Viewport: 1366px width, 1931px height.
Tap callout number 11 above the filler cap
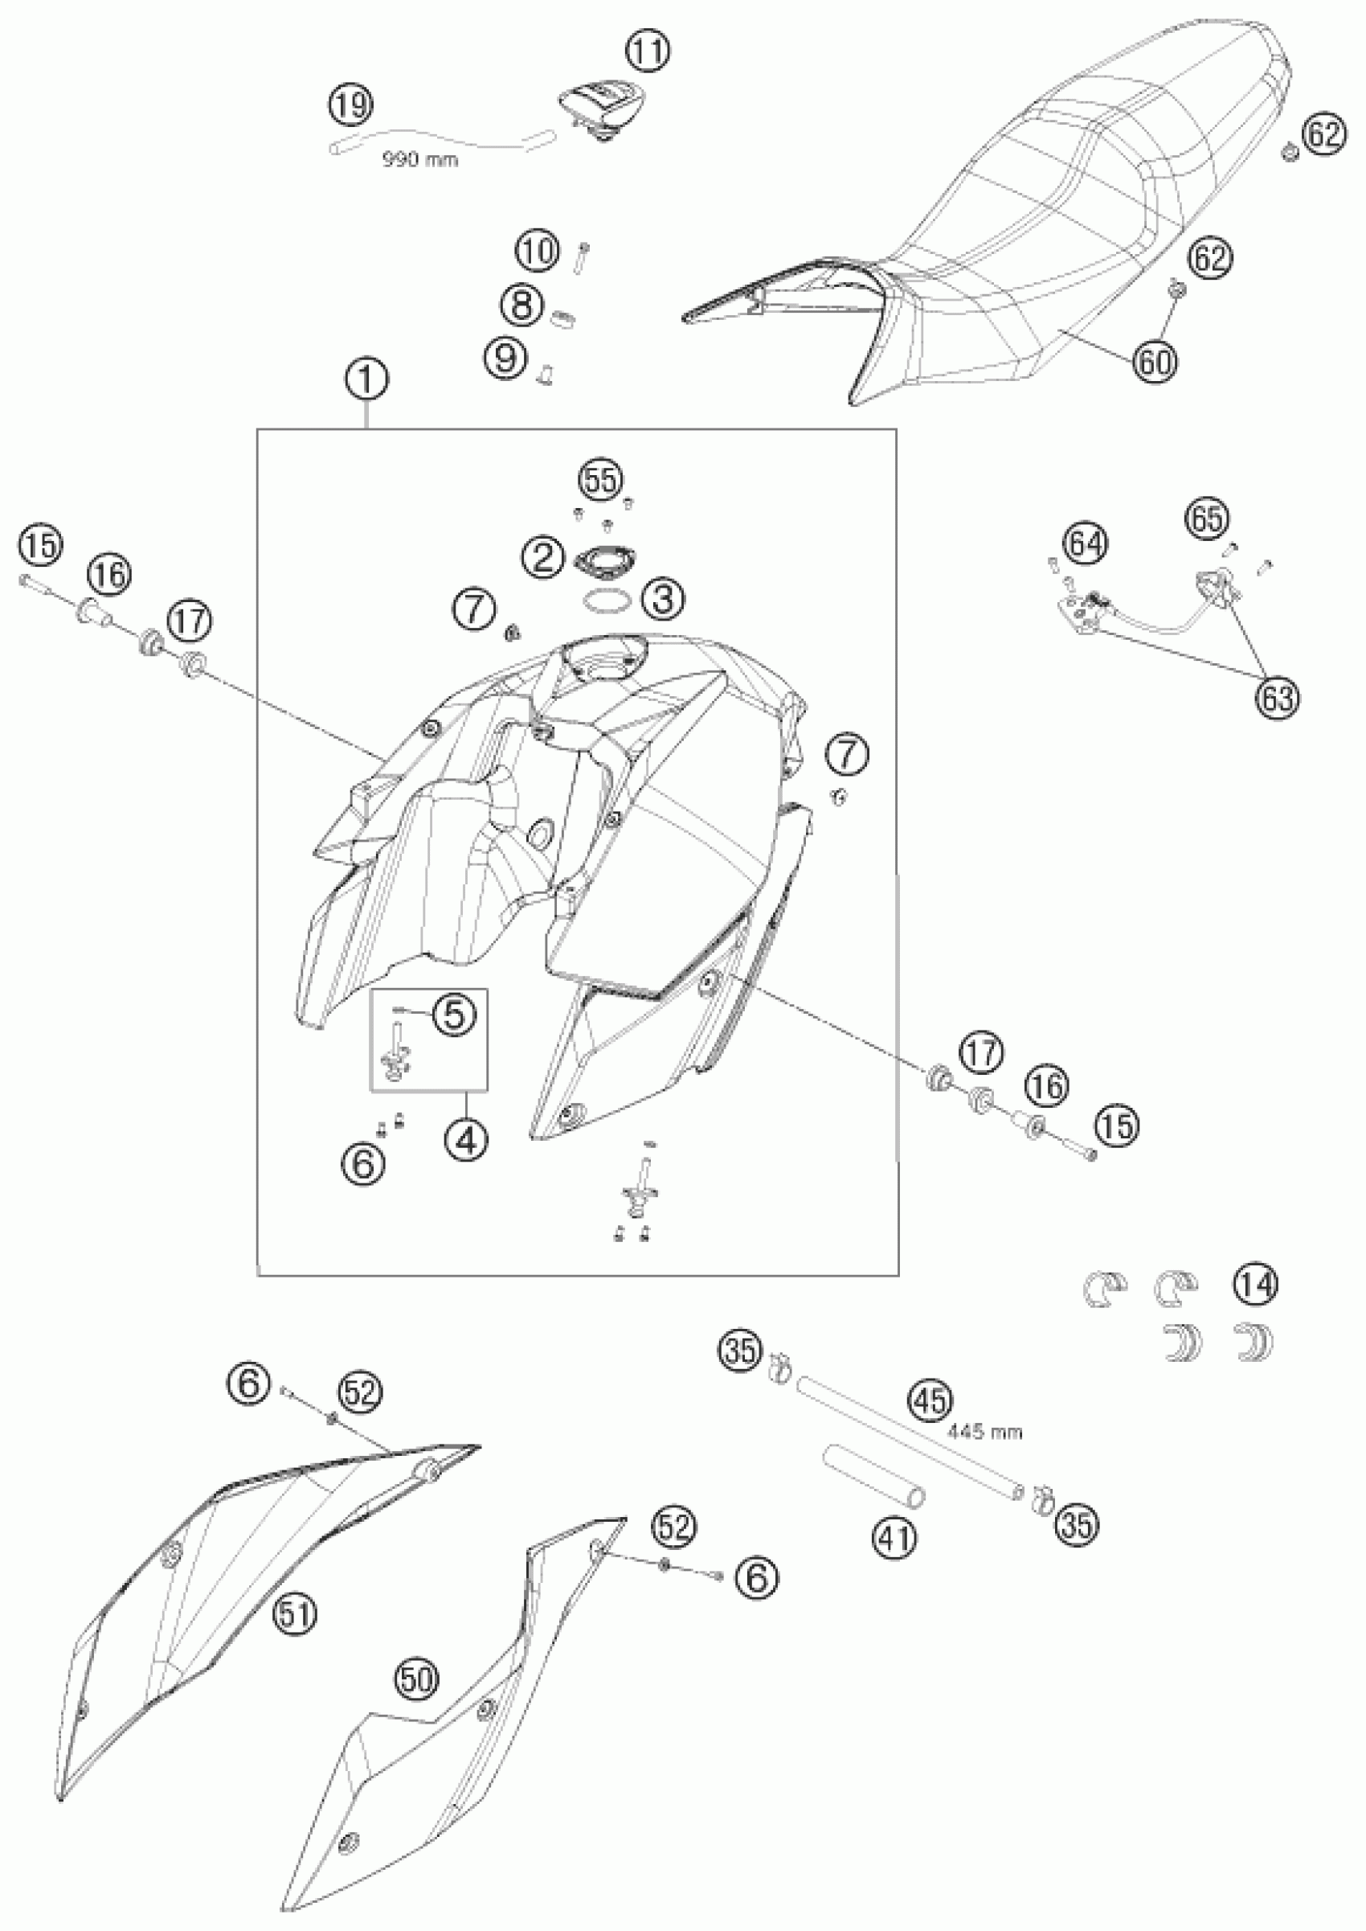point(648,53)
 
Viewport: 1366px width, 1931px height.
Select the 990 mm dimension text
point(420,159)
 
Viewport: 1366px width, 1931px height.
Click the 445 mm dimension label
point(983,1431)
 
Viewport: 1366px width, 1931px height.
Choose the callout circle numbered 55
point(601,481)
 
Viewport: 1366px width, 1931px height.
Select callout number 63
point(1275,698)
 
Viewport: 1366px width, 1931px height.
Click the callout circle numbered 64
point(1085,544)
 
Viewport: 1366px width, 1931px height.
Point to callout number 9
point(506,359)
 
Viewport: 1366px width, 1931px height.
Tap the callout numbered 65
point(1207,519)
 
